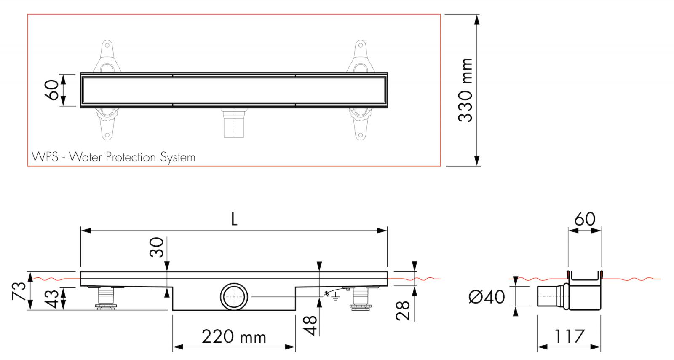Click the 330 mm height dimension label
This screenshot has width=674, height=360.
tap(465, 90)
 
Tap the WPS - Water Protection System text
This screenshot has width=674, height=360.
tap(114, 157)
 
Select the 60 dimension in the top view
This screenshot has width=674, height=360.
tap(52, 90)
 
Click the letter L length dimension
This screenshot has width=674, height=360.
tap(234, 219)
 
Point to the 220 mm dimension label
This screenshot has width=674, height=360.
tap(234, 337)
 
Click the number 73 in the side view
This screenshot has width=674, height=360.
tap(19, 291)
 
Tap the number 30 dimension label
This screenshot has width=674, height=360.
tap(156, 247)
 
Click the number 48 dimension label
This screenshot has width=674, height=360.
tap(310, 325)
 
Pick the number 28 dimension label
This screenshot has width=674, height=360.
tap(404, 310)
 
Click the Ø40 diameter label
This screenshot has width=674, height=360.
tap(487, 297)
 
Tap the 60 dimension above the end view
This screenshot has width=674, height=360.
tap(585, 219)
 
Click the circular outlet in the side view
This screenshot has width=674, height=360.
tap(233, 297)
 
